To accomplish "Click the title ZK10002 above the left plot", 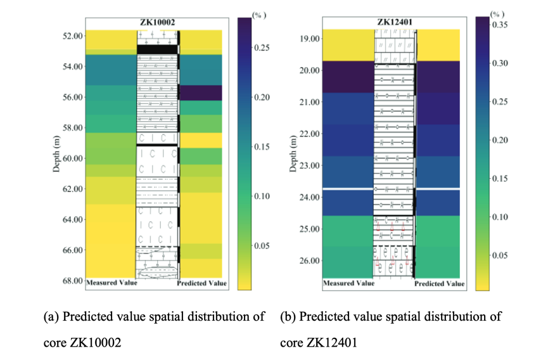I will pos(157,23).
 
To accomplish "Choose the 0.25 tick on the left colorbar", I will pos(262,48).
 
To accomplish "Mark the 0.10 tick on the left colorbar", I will pos(262,196).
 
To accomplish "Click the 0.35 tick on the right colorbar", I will pos(500,25).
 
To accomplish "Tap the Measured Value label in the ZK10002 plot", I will pos(112,283).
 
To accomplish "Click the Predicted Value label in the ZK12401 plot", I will pos(440,284).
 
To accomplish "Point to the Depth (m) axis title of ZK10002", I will pos(56,155).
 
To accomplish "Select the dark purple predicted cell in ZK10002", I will pos(201,93).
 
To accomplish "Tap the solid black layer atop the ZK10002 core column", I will pos(157,49).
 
